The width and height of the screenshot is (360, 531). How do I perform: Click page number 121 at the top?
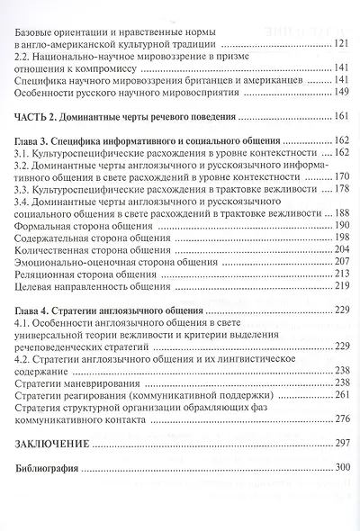pos(340,42)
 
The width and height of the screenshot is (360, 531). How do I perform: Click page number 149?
pos(340,92)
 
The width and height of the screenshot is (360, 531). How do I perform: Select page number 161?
pos(340,117)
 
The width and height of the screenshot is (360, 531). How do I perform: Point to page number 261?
pos(340,394)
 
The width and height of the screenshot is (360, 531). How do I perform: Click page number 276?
pos(340,418)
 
